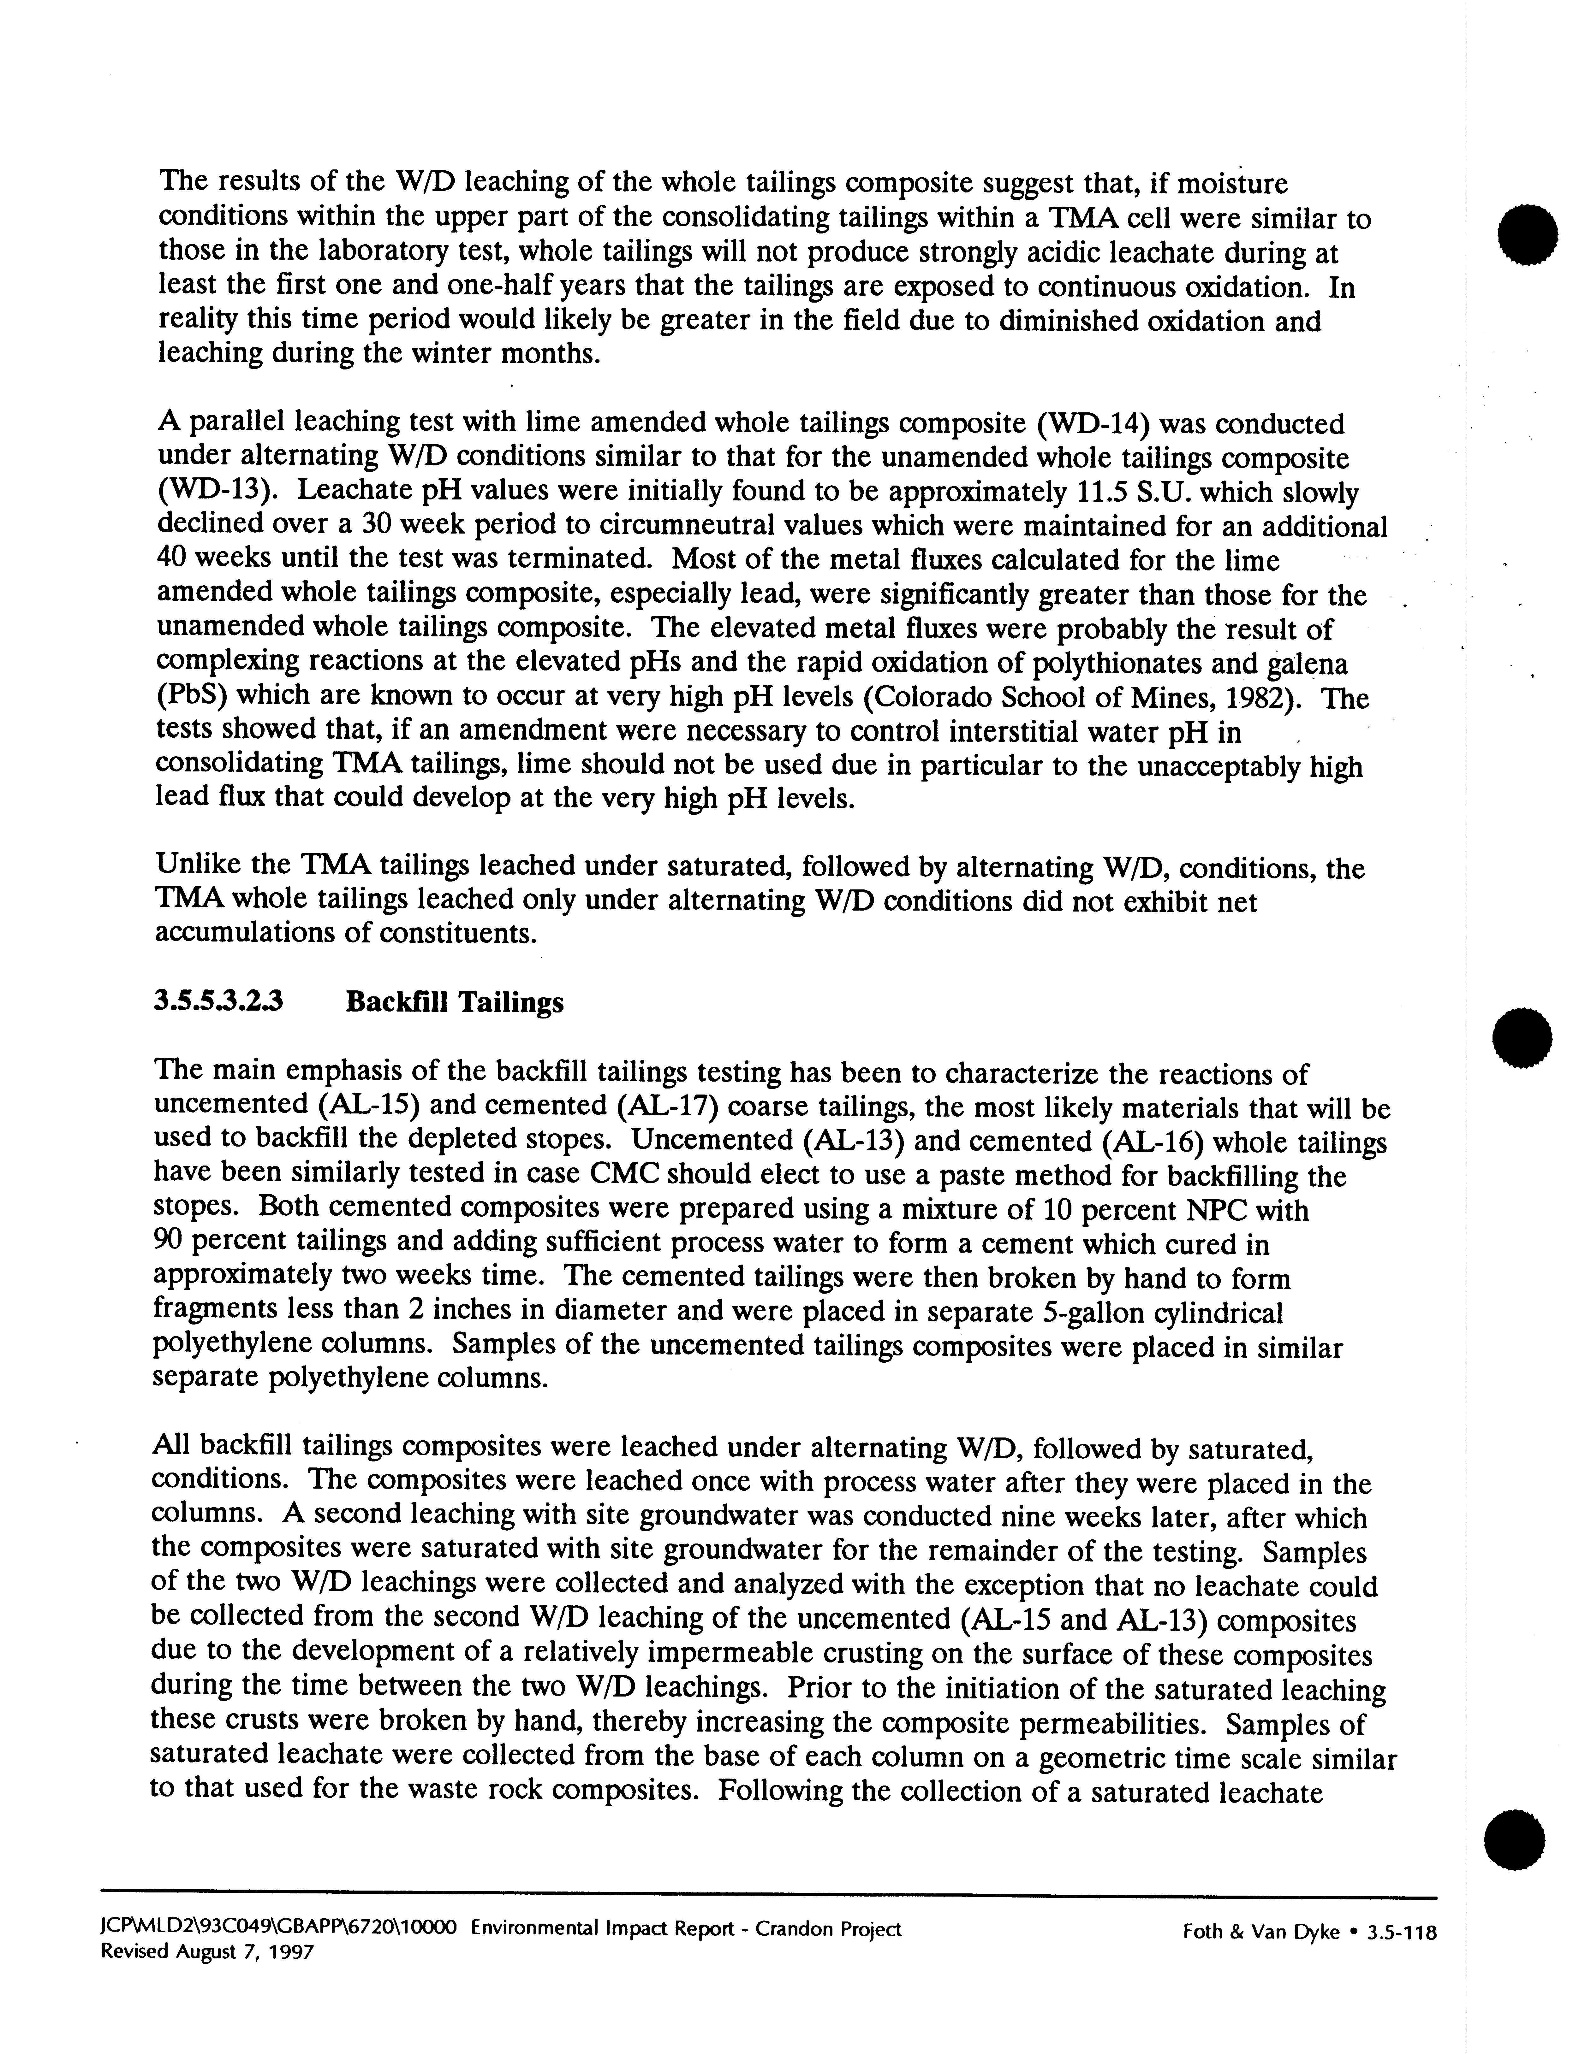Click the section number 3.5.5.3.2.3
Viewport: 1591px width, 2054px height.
[x=218, y=1003]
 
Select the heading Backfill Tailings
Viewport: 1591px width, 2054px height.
[x=455, y=1003]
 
